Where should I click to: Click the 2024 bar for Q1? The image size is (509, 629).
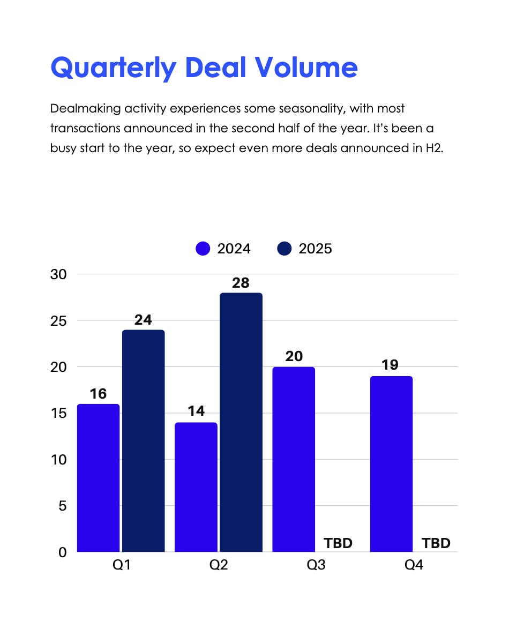[x=99, y=478]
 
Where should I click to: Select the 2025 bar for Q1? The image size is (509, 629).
[x=144, y=440]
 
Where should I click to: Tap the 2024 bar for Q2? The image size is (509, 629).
[x=196, y=487]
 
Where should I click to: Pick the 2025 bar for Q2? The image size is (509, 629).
[x=241, y=422]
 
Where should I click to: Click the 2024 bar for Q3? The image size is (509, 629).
[x=294, y=459]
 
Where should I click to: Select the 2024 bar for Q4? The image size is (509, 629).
[x=391, y=464]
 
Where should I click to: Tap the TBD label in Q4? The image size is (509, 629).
[x=436, y=543]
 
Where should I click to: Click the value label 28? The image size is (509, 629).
[x=241, y=283]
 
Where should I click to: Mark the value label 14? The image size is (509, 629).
[x=196, y=411]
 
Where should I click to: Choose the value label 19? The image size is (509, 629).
[x=391, y=365]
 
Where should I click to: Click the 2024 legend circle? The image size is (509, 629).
[x=203, y=249]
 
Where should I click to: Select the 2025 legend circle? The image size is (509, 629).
[x=285, y=249]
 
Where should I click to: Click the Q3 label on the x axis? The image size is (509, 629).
[x=316, y=565]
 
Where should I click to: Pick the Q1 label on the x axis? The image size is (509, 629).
[x=122, y=565]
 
